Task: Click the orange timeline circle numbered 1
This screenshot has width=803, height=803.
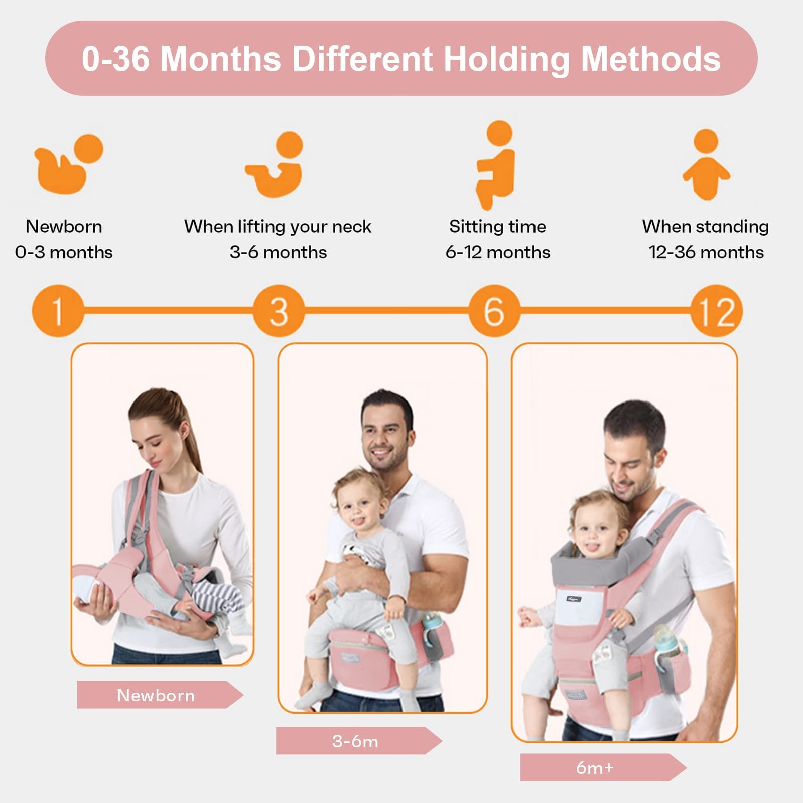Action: (x=58, y=311)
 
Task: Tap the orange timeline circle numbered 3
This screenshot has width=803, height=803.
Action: (x=279, y=311)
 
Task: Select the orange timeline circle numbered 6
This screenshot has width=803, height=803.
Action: (x=494, y=311)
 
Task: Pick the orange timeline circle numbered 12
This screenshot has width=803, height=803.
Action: (x=716, y=311)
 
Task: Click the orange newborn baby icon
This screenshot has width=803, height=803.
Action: (x=68, y=165)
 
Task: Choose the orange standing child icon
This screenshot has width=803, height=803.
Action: (x=706, y=165)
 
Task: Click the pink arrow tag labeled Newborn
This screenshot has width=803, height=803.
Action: (x=157, y=695)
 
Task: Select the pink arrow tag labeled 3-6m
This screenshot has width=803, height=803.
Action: (x=355, y=741)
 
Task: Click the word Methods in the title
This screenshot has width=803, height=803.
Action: (x=650, y=59)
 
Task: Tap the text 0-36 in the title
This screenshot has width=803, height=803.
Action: (x=116, y=59)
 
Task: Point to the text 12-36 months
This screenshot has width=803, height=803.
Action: (x=706, y=252)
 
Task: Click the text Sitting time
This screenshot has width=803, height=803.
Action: (x=497, y=226)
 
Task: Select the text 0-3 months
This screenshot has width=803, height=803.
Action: (x=64, y=252)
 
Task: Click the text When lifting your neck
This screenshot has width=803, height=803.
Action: (x=278, y=226)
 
